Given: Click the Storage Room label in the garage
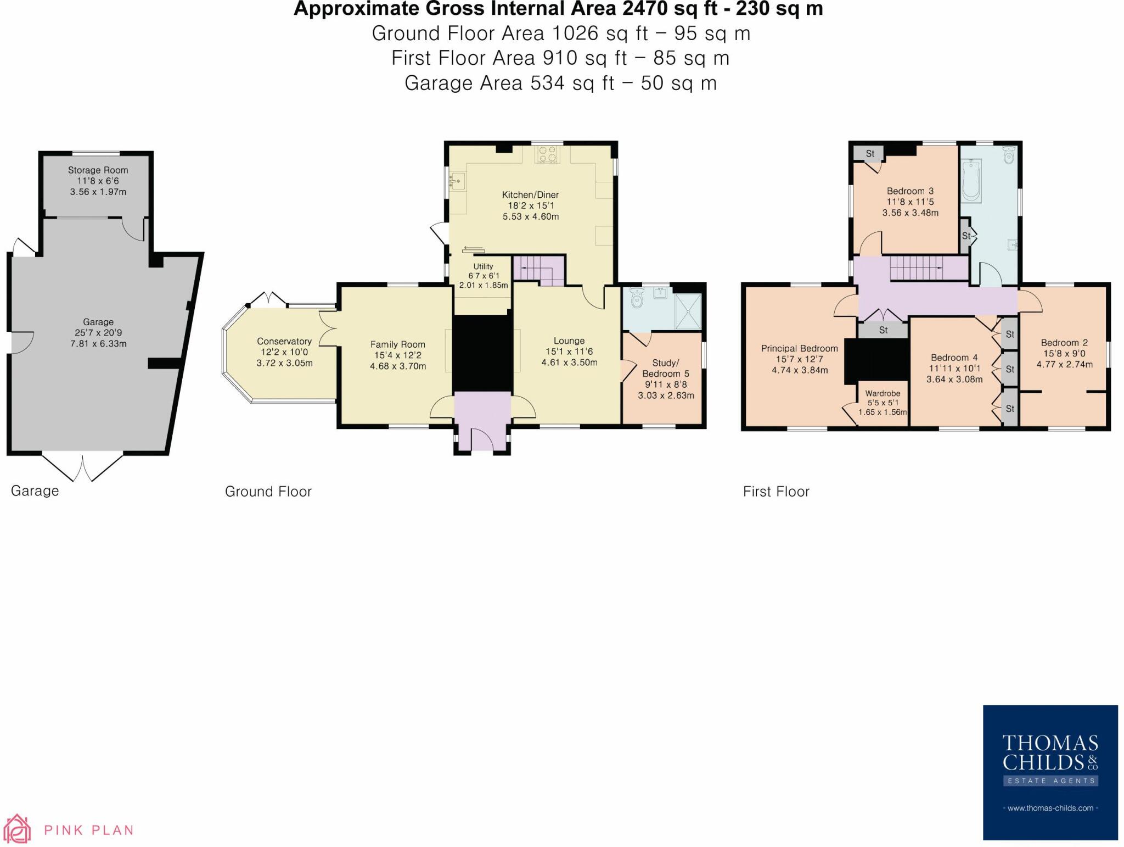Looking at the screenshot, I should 98,170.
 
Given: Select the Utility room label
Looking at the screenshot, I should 483,266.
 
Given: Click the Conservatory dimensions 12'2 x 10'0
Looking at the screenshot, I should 284,352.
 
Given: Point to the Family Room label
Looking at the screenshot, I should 397,344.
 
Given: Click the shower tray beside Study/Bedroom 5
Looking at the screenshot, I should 688,311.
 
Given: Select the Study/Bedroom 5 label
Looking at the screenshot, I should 665,368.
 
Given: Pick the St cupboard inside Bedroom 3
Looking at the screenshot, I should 870,154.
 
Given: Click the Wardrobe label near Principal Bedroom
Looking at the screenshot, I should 883,393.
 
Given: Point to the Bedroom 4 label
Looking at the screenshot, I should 954,358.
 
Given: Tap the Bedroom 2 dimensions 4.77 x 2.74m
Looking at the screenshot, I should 1064,364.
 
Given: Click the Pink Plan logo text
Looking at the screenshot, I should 88,830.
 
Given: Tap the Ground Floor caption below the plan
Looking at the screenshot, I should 268,492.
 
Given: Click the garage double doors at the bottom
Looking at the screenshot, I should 83,467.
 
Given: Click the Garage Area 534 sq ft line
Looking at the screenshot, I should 560,83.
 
